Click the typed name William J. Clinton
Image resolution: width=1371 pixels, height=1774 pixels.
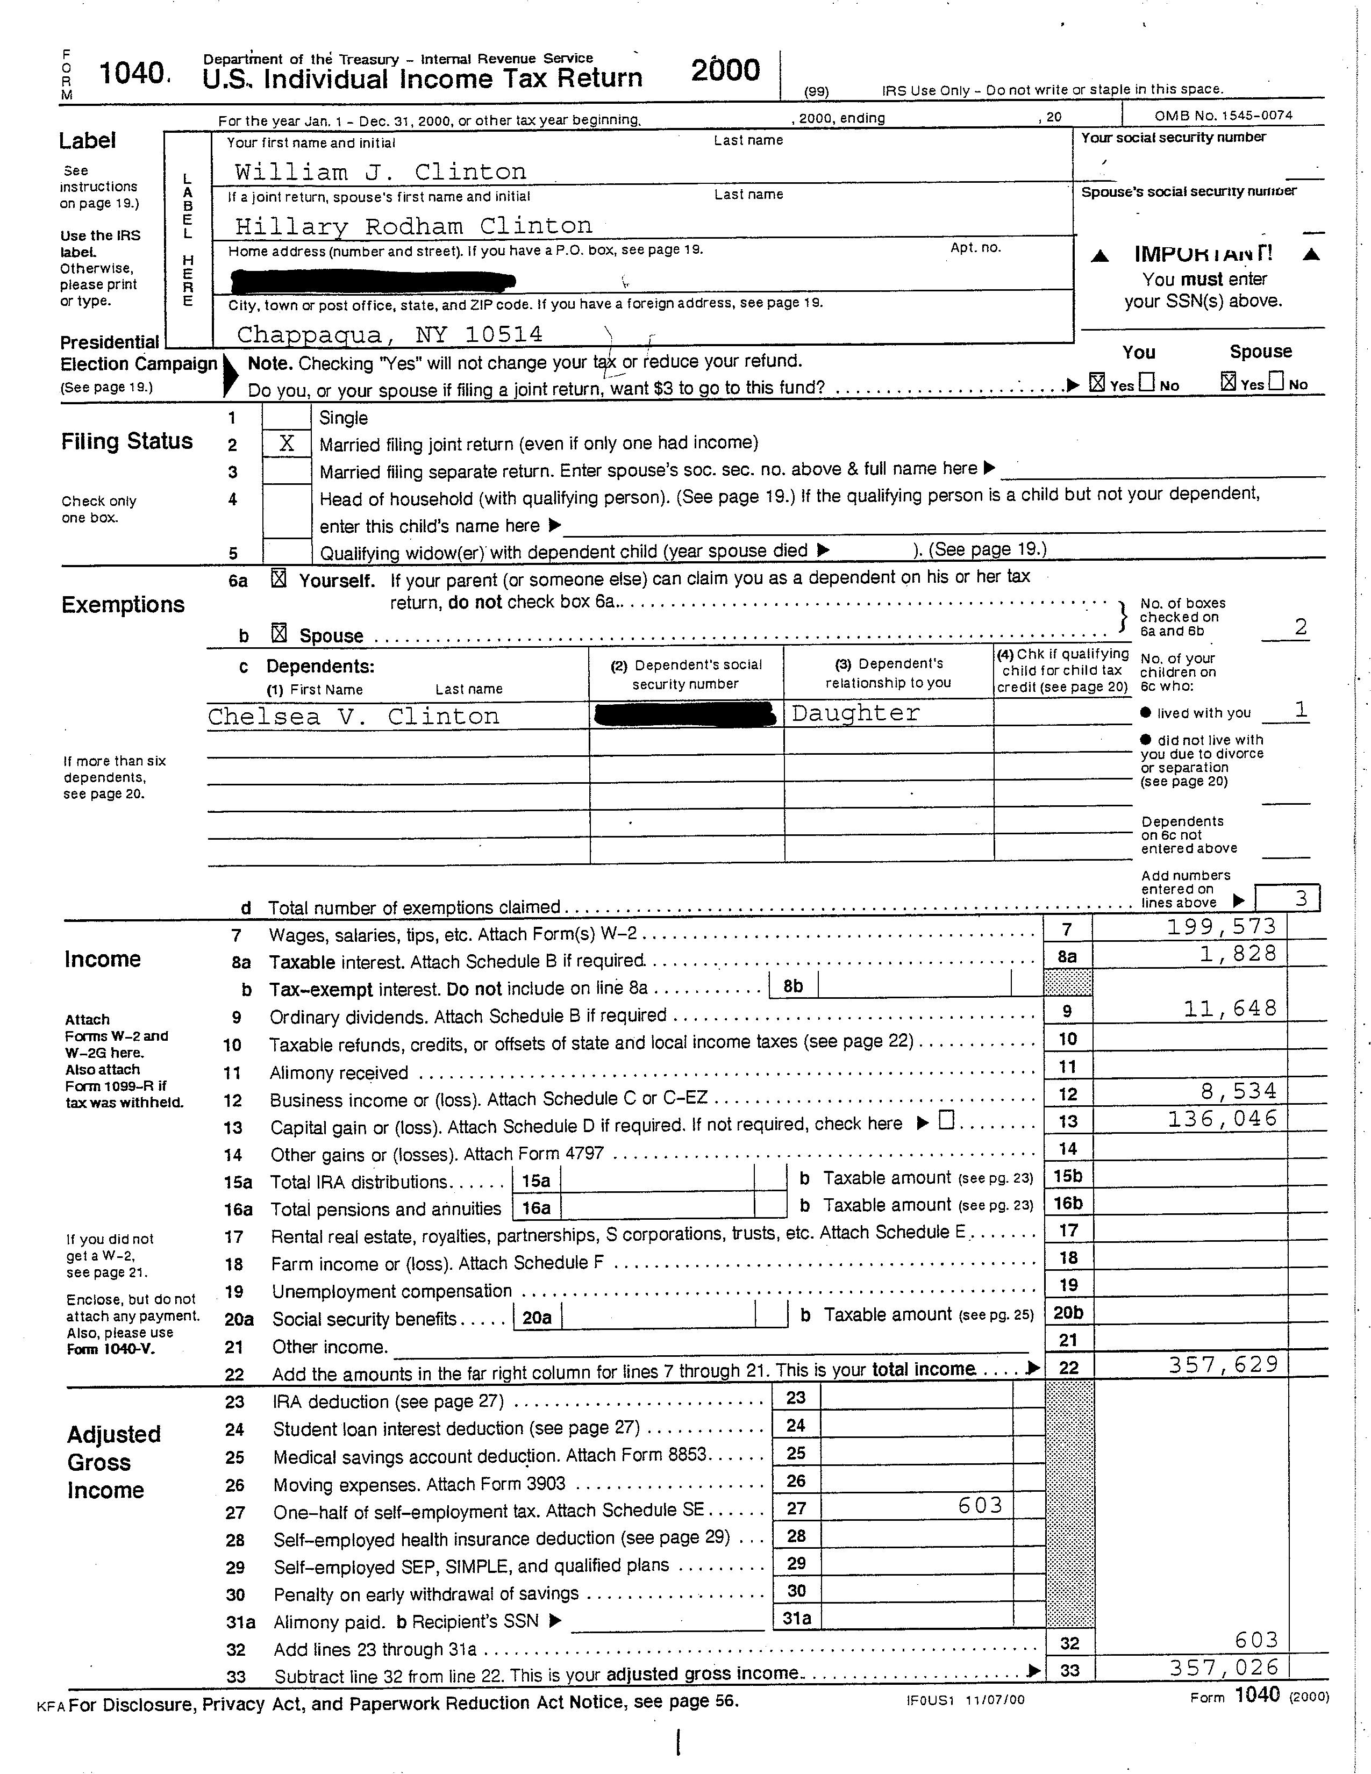click(x=380, y=172)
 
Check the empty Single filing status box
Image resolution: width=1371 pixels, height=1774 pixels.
click(x=286, y=418)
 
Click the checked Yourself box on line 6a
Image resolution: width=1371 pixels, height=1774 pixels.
click(x=279, y=579)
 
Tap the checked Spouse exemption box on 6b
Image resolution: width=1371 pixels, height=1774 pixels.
click(x=279, y=634)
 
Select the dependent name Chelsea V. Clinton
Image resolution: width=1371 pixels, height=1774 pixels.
click(x=353, y=717)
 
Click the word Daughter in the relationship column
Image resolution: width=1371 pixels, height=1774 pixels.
click(x=855, y=713)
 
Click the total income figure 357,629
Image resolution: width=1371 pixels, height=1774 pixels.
click(x=1223, y=1364)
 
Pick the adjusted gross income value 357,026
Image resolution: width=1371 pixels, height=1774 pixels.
click(x=1223, y=1668)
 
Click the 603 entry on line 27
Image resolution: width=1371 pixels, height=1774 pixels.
click(x=980, y=1505)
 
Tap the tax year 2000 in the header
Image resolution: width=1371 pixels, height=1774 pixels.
click(x=725, y=70)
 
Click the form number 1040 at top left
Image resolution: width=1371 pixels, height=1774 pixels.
click(x=132, y=74)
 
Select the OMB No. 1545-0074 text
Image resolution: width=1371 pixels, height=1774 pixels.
click(x=1223, y=116)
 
